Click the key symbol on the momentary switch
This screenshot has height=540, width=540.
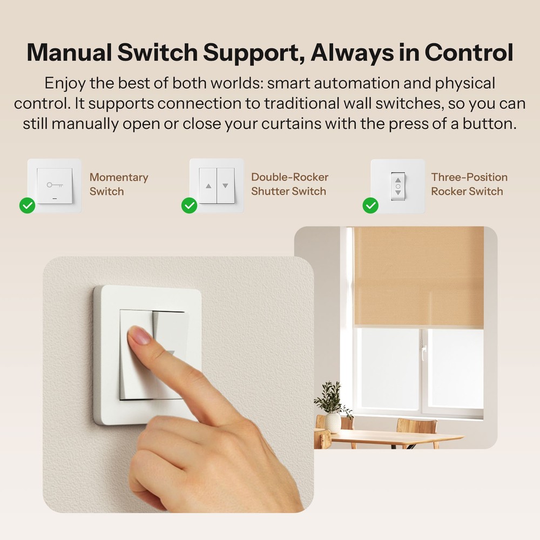[54, 185]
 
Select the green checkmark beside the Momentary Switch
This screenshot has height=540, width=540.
[27, 205]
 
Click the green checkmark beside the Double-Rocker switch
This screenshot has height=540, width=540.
[189, 205]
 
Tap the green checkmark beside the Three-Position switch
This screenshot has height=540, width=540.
[370, 205]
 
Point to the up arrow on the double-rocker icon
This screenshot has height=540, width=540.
[208, 186]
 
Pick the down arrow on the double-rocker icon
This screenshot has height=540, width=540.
[225, 186]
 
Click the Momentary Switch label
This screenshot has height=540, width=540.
[118, 184]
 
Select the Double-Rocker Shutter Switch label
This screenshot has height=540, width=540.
[289, 184]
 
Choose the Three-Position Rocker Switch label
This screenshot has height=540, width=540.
[469, 184]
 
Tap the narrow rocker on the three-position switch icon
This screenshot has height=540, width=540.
[398, 186]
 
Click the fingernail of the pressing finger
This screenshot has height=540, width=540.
[139, 336]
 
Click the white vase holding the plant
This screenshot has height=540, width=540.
[333, 422]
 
